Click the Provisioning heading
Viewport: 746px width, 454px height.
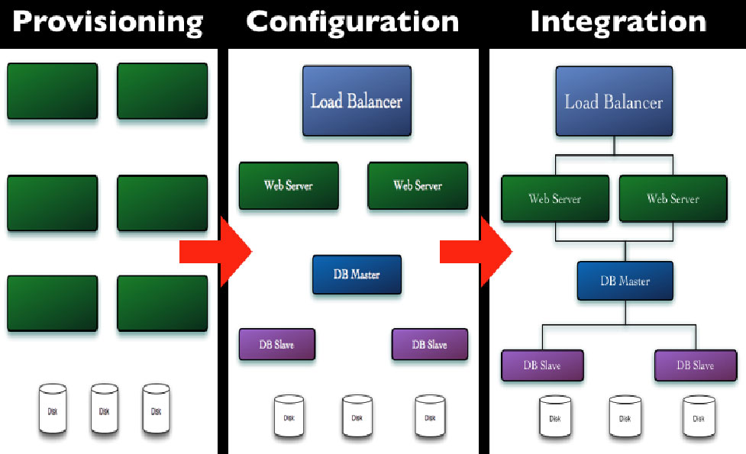[108, 22]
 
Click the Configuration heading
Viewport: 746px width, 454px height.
[352, 22]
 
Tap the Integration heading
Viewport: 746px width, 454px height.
[618, 22]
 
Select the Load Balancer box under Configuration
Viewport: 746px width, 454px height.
[357, 101]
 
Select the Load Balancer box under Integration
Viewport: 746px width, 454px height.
[614, 101]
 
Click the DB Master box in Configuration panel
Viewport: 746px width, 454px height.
[357, 275]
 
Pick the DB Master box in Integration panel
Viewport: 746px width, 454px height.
[625, 281]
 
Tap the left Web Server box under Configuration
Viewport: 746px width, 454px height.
[288, 185]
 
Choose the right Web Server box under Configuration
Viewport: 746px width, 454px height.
[418, 185]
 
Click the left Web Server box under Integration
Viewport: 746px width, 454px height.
[555, 199]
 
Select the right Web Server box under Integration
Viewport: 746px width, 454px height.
[673, 199]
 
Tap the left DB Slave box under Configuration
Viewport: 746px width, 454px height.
[276, 345]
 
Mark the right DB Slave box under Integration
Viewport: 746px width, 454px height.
[695, 365]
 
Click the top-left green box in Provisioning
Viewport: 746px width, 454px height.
[53, 91]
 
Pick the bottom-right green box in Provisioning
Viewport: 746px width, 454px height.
[162, 303]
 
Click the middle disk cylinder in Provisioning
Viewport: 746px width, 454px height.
[104, 411]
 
